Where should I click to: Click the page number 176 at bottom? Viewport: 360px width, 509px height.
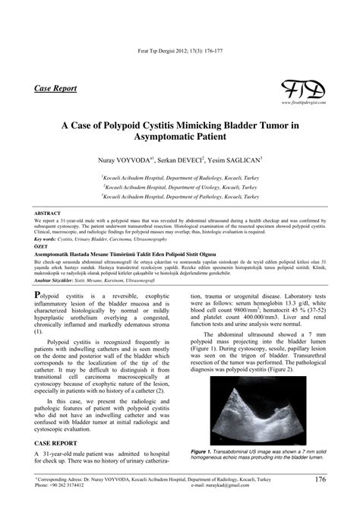[320, 479]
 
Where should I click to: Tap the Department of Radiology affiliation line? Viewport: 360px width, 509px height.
[181, 175]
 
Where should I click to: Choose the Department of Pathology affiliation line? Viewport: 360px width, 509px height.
[181, 196]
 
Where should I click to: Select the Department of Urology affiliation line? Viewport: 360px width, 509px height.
[181, 186]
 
